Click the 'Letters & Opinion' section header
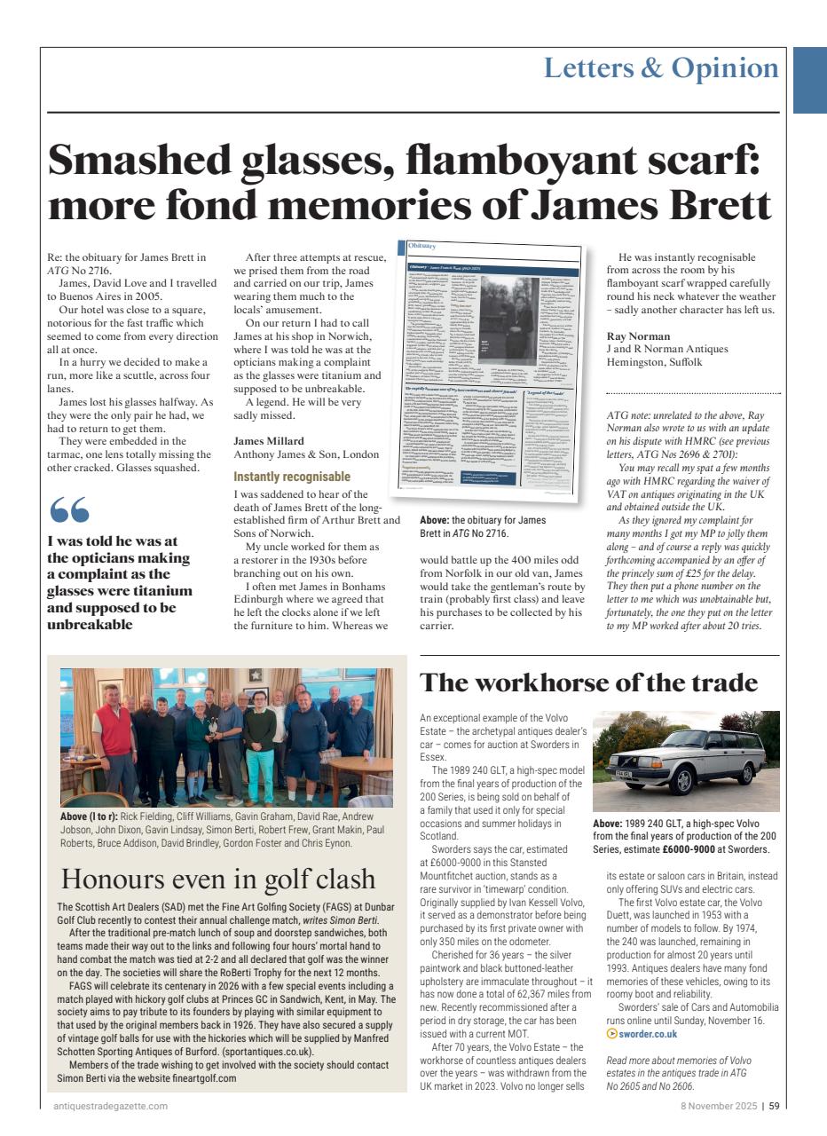tap(661, 68)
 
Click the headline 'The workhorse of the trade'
tap(588, 682)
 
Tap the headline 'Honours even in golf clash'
tap(218, 879)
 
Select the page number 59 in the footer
tap(775, 1106)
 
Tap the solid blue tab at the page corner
tap(809, 80)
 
